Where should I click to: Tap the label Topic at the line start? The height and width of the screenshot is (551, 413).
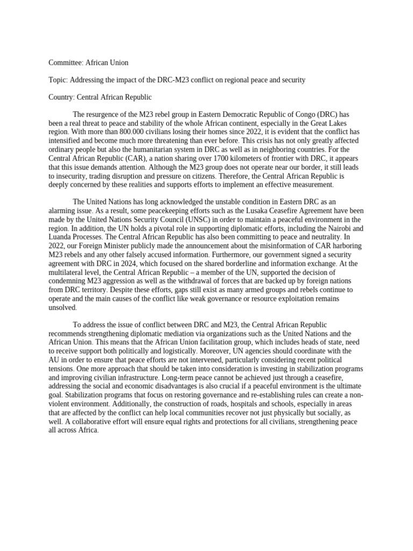pyautogui.click(x=57, y=80)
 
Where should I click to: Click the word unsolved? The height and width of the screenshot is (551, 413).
pyautogui.click(x=62, y=308)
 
